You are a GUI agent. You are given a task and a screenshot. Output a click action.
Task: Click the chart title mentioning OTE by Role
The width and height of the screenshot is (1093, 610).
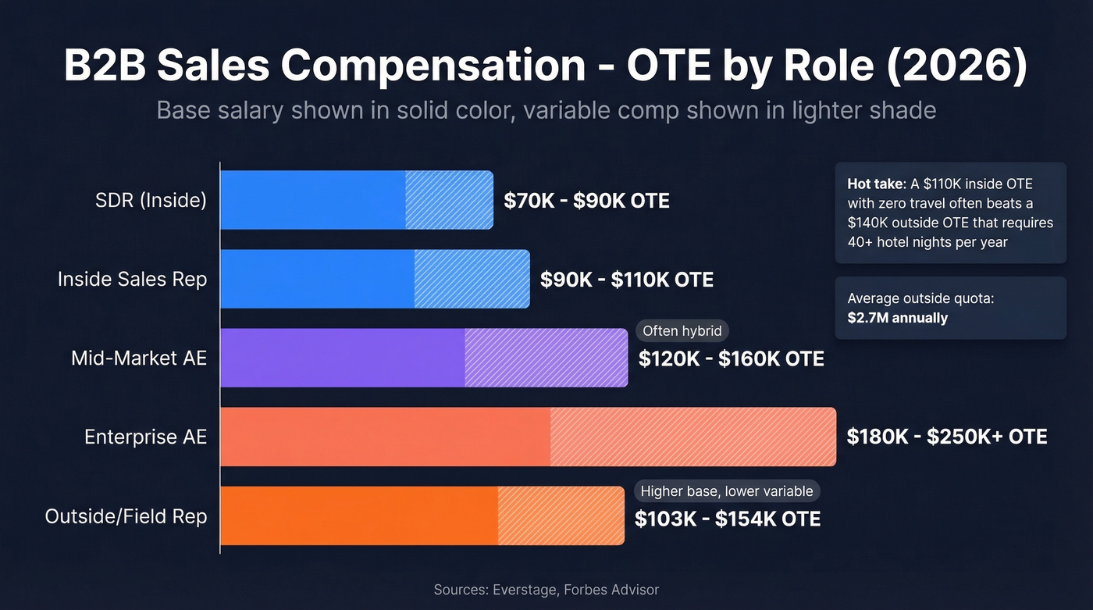point(546,66)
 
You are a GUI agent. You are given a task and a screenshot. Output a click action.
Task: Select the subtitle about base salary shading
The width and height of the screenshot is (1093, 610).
point(546,109)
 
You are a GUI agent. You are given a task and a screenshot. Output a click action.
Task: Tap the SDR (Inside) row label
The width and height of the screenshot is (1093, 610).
point(151,201)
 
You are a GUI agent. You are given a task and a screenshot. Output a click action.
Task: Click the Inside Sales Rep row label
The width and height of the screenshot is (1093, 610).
point(132,279)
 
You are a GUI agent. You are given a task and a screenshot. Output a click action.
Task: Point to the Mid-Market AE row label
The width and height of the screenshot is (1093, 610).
point(139,359)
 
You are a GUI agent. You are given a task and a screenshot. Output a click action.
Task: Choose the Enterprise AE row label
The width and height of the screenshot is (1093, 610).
point(145,437)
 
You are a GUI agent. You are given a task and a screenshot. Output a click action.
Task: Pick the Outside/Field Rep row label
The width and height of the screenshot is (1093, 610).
point(126,516)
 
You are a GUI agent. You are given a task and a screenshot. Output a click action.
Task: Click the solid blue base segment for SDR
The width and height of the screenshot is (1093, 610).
point(312,200)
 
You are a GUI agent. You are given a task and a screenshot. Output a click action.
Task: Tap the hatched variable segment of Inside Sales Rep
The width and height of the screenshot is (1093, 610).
point(472,279)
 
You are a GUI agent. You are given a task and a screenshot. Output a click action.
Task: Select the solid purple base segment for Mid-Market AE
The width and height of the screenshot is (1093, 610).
point(342,358)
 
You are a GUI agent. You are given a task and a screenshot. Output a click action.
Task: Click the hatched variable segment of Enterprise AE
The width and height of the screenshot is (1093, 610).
point(692,437)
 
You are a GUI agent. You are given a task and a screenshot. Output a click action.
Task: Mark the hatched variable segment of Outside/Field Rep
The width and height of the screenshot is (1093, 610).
point(561,515)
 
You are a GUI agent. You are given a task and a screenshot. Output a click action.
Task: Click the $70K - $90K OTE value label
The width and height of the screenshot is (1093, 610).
point(586,201)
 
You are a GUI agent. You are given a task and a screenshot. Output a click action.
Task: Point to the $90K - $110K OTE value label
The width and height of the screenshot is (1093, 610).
point(627,280)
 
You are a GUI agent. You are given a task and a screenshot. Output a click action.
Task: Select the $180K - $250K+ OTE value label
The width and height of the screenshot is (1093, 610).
point(946,437)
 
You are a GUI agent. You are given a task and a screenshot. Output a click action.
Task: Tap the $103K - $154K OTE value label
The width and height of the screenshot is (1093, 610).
point(727,519)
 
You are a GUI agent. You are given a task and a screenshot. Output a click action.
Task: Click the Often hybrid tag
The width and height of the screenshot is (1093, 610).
point(682,331)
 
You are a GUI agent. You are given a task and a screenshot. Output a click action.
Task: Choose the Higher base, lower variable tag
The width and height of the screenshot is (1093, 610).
point(726,491)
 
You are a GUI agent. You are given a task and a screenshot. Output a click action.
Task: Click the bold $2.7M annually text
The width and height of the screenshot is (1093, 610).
point(897,318)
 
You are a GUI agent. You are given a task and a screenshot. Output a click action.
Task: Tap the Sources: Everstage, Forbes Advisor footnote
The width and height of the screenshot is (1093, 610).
point(546,590)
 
